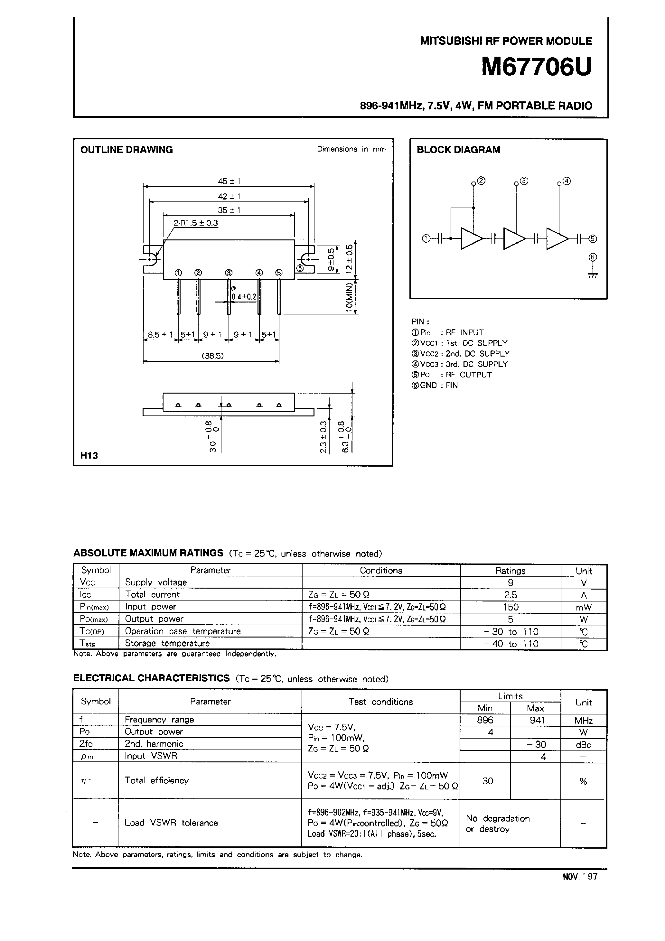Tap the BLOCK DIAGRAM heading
coord(458,150)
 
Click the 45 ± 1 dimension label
coord(229,181)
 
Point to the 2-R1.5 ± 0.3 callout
coord(196,223)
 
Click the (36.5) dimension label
coord(213,356)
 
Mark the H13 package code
coord(89,455)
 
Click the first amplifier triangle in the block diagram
coord(472,238)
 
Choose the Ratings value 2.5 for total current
coord(510,595)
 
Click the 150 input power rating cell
coord(510,607)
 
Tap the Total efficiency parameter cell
coord(157,780)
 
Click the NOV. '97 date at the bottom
coord(580,877)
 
